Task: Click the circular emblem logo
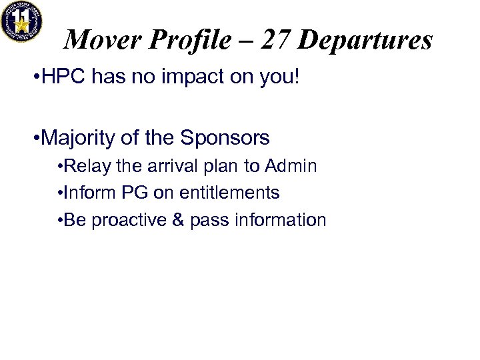(x=21, y=21)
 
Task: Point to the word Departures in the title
(x=365, y=41)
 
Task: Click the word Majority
(x=79, y=138)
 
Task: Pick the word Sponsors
(x=225, y=138)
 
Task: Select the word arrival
(x=169, y=166)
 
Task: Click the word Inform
(x=87, y=193)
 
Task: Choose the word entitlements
(x=227, y=193)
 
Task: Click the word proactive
(x=124, y=221)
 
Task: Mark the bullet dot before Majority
(x=35, y=139)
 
